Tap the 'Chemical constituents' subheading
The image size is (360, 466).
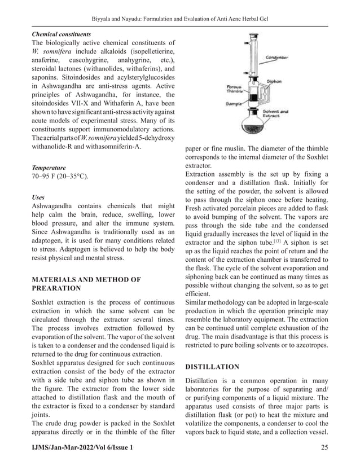(x=61, y=34)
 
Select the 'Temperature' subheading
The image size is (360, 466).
(x=49, y=168)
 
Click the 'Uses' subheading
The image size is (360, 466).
(x=38, y=198)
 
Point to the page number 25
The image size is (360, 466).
(x=323, y=447)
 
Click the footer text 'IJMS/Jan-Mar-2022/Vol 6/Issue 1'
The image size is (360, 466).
(x=83, y=447)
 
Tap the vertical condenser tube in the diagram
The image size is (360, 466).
(x=252, y=56)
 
